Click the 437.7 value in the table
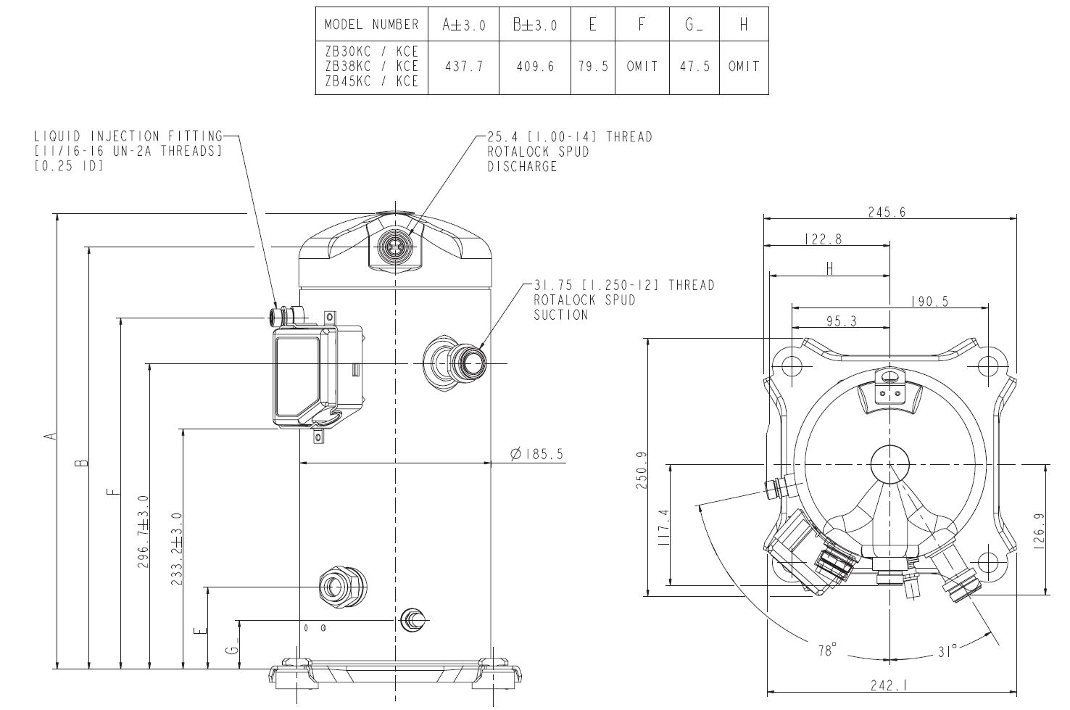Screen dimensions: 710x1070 [x=463, y=67]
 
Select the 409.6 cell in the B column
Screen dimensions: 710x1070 [x=535, y=67]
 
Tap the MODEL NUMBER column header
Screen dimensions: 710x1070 [x=371, y=25]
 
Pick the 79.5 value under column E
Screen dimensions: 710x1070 [x=592, y=67]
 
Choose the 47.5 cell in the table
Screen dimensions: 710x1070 [x=694, y=67]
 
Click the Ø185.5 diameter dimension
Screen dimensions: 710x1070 [x=536, y=455]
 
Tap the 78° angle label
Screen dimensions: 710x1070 [x=826, y=651]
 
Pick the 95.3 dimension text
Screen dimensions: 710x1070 [x=838, y=321]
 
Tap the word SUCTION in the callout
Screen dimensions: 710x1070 [x=561, y=315]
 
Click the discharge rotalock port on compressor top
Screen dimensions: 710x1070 [x=394, y=247]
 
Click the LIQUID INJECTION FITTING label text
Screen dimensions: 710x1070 [x=128, y=136]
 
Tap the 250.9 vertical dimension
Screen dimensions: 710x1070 [x=642, y=470]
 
